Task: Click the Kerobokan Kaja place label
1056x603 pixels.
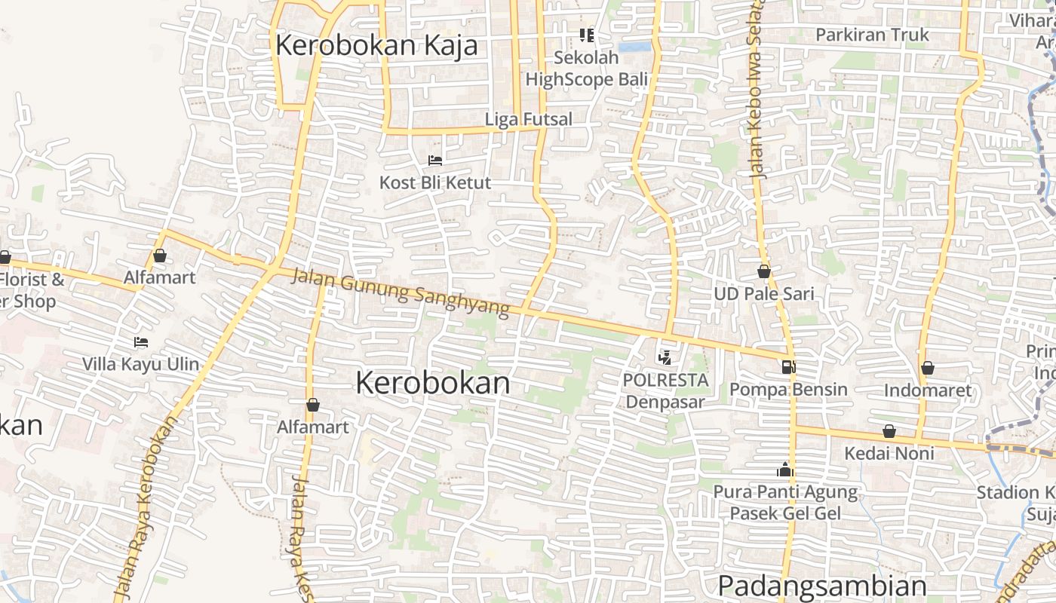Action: [x=376, y=45]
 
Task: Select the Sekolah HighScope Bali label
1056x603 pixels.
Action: [x=587, y=68]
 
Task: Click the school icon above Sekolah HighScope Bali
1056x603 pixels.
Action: [x=587, y=35]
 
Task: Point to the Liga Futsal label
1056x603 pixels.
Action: [x=529, y=119]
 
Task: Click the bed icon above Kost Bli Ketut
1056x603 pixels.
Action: [x=435, y=160]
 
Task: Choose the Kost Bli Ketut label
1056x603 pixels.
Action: [x=435, y=182]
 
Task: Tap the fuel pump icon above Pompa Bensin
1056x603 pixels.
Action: [x=789, y=367]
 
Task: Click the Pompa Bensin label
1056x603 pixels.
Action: [x=789, y=390]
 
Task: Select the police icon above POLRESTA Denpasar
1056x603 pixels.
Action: [x=665, y=357]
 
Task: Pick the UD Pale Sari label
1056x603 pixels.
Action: [x=765, y=293]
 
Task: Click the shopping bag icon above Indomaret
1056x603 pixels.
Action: [x=928, y=368]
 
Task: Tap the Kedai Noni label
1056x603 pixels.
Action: [x=889, y=453]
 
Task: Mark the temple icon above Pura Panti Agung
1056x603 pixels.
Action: [x=785, y=470]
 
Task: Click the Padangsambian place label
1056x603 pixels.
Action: [x=822, y=586]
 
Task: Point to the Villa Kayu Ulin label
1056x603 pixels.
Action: [x=141, y=364]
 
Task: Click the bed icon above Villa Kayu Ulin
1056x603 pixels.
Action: [x=141, y=341]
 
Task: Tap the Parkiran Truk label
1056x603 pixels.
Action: [x=873, y=35]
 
